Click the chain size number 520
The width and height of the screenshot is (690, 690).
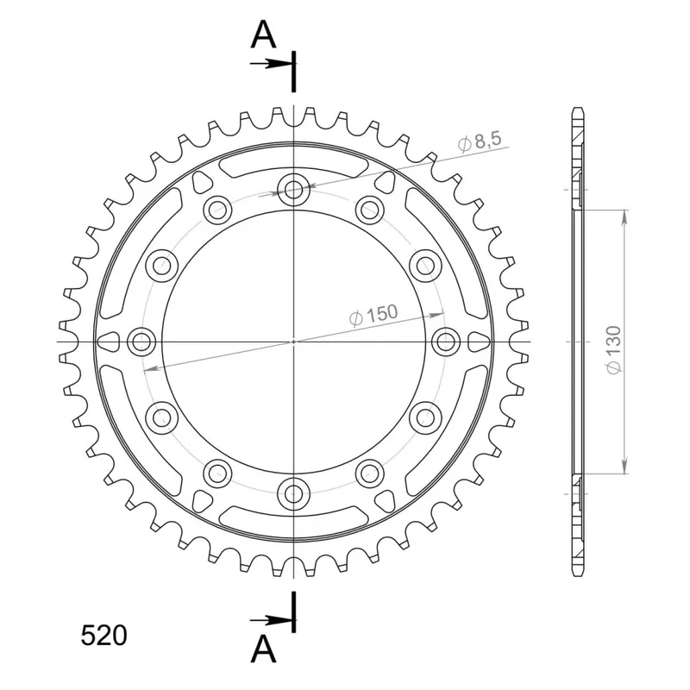103,635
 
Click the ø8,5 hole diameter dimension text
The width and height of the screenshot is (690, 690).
480,141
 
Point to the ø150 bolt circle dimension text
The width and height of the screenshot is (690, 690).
373,315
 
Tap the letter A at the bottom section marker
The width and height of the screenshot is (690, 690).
263,649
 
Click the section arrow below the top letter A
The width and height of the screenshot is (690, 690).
272,64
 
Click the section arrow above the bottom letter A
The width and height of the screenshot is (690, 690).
272,620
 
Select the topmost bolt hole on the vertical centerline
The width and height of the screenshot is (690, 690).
293,191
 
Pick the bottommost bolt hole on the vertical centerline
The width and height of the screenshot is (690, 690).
293,493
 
